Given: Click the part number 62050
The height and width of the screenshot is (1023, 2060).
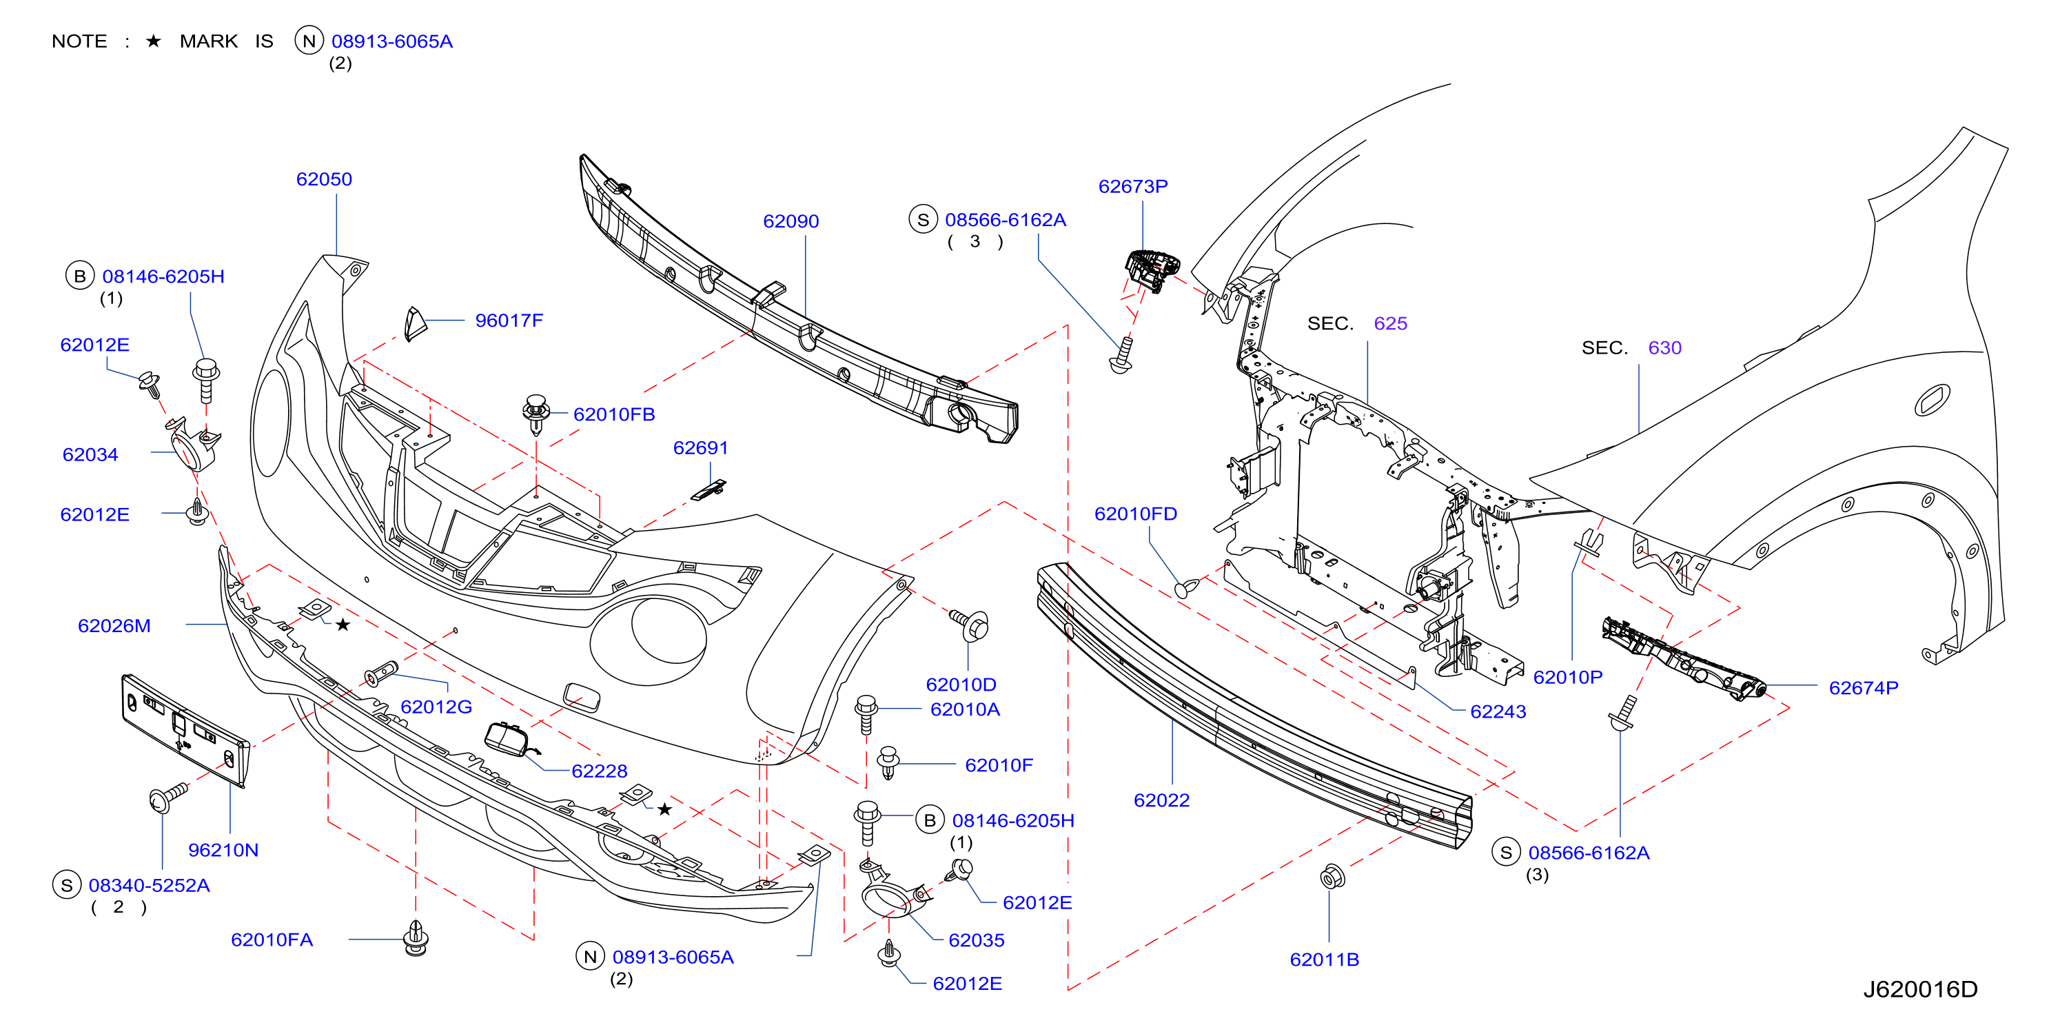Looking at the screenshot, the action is [324, 179].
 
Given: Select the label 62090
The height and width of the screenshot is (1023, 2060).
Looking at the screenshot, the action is [791, 221].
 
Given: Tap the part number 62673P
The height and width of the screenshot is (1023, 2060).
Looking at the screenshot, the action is [1133, 186].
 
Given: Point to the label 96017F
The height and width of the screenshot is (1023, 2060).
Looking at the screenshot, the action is [509, 321].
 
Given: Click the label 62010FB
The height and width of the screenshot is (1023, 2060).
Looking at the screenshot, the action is [614, 414].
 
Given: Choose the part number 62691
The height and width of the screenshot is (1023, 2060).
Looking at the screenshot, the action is [700, 448].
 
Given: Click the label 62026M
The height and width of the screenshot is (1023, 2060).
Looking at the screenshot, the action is [114, 627].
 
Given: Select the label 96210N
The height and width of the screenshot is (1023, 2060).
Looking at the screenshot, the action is [223, 850].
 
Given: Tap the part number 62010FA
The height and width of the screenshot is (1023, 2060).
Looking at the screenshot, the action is [272, 940].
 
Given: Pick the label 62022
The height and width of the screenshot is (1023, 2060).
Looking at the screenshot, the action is [1162, 800].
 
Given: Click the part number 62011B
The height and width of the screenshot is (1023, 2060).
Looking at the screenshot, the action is [1325, 960].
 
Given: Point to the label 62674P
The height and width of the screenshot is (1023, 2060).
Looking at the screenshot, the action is [1864, 688].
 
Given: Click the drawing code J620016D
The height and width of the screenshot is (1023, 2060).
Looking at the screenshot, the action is [1921, 990].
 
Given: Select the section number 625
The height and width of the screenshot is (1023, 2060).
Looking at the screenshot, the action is [1391, 324].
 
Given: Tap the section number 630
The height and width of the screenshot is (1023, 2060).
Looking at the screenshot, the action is [1665, 348].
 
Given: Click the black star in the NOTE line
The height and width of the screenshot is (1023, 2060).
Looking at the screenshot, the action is [154, 41].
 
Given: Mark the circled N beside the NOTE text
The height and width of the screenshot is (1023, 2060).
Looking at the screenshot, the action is [309, 41].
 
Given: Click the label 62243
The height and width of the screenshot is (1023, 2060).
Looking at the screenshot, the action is [1498, 712].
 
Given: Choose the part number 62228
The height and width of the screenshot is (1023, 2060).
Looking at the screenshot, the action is [600, 771].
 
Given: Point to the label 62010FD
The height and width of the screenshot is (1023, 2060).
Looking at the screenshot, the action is [1136, 514].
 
